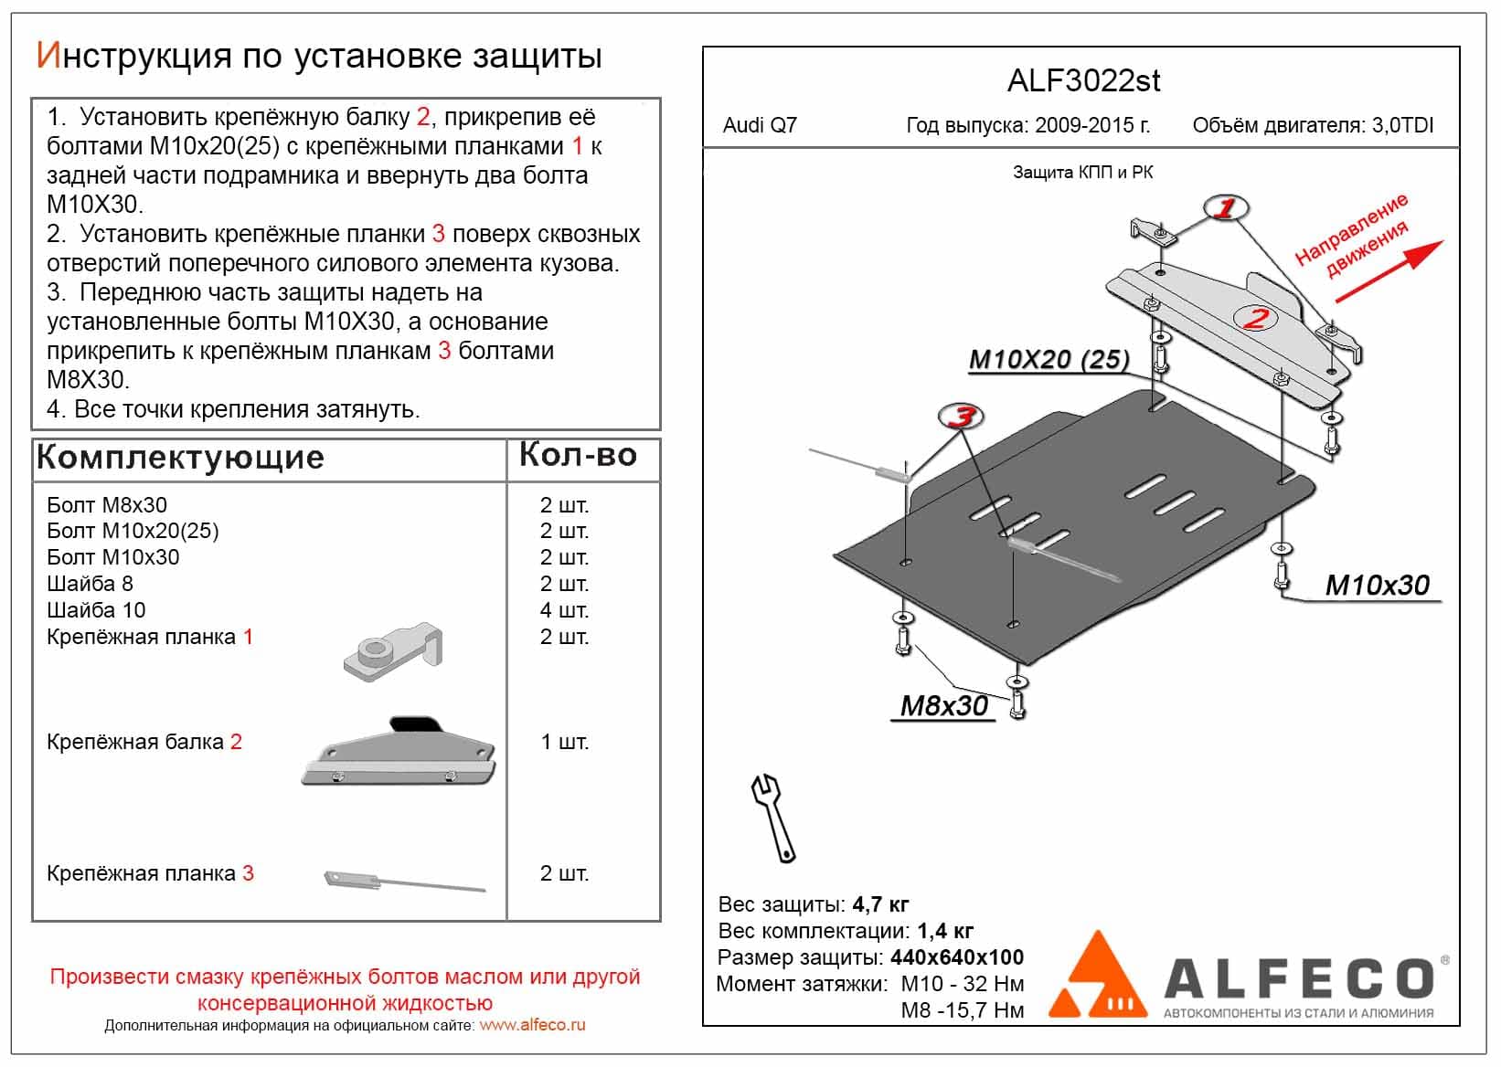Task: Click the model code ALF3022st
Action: (x=1083, y=81)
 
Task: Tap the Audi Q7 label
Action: (x=760, y=125)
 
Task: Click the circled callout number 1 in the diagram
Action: (x=1225, y=208)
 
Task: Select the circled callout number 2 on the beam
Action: (x=1256, y=318)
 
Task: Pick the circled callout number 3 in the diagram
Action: (x=962, y=417)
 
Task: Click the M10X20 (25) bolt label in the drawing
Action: (x=1049, y=360)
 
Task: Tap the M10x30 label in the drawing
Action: (x=1377, y=586)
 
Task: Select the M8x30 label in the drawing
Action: (x=943, y=706)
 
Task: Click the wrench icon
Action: (x=773, y=818)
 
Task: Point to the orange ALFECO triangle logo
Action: (x=1098, y=977)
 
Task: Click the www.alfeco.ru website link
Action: (x=532, y=1025)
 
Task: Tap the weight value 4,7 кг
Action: (x=880, y=904)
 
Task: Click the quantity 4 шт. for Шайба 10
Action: (x=564, y=609)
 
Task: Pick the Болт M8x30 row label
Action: (x=107, y=505)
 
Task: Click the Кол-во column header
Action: (x=578, y=455)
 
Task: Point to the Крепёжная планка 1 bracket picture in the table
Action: (x=393, y=650)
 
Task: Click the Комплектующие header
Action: (x=180, y=458)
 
